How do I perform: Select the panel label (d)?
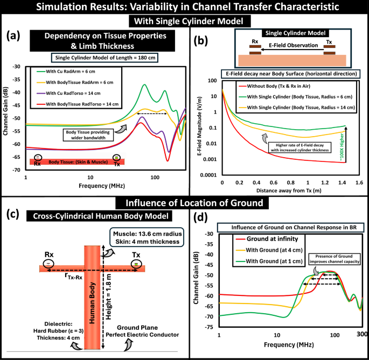199,218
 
